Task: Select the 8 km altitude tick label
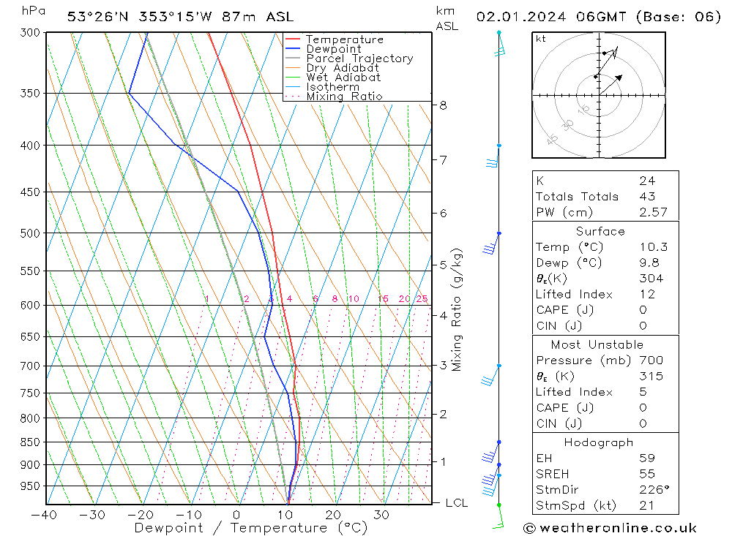click(443, 105)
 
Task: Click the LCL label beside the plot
click(456, 503)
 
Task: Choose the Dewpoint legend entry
click(333, 49)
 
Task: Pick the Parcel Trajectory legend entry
click(359, 58)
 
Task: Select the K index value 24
click(646, 181)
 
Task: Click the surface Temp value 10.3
click(653, 247)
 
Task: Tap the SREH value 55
click(646, 474)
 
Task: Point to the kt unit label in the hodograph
click(541, 39)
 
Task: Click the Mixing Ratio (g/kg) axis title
click(457, 310)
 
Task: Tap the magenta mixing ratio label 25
click(422, 299)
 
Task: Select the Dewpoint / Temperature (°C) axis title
click(250, 528)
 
